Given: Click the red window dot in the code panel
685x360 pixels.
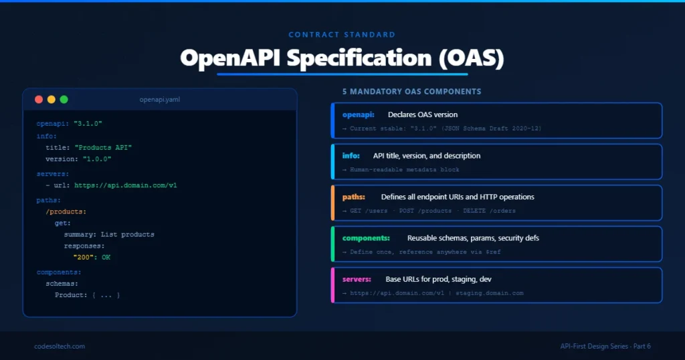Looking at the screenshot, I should point(39,100).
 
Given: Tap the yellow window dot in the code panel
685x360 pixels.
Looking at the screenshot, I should point(52,100).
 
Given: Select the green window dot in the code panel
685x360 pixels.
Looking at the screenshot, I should point(64,100).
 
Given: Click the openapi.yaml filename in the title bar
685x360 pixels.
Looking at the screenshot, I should point(159,100).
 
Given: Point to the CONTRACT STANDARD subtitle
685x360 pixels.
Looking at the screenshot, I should point(342,35).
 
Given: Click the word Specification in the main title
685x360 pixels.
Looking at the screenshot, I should point(360,58).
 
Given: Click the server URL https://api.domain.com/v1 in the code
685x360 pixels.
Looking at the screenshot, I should point(125,185).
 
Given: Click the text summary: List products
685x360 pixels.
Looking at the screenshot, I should point(109,234).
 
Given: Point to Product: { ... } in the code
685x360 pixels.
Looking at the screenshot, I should point(87,295).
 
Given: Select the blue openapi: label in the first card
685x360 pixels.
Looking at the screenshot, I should point(359,114).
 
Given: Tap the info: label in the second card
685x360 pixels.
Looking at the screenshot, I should point(351,156).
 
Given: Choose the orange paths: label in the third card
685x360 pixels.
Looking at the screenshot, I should point(355,197).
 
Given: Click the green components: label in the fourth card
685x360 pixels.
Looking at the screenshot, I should point(366,238).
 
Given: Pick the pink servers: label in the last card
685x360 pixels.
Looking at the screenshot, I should point(357,279).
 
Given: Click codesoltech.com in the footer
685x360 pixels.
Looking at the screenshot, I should point(60,346).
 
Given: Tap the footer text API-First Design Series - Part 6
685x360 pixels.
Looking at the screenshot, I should point(605,346).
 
